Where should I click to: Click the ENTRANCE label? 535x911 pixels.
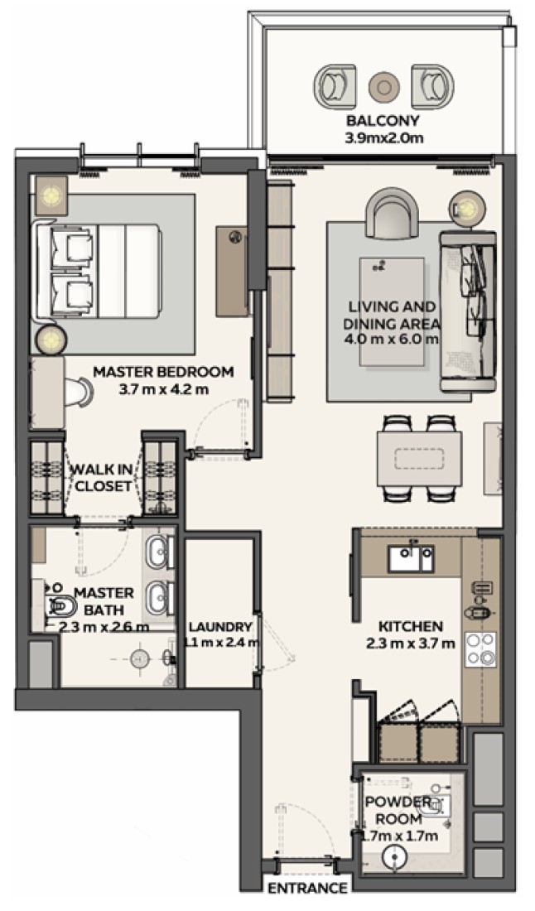(x=307, y=889)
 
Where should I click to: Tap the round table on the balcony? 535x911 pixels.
(x=384, y=87)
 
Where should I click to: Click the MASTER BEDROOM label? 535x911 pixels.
(x=163, y=371)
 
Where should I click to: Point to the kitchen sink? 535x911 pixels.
(x=412, y=557)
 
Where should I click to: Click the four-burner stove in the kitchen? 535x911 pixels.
(x=480, y=649)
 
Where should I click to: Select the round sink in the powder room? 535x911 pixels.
(x=395, y=857)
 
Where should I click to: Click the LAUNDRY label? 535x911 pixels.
(x=221, y=627)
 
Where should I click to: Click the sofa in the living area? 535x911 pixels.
(x=468, y=312)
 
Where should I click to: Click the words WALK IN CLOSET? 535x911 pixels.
(x=102, y=478)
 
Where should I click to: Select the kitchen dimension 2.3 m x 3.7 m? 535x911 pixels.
(x=411, y=643)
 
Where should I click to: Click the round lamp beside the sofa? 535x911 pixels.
(x=467, y=205)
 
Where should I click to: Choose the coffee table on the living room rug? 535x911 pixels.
(x=392, y=312)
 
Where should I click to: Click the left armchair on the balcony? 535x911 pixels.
(x=335, y=85)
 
